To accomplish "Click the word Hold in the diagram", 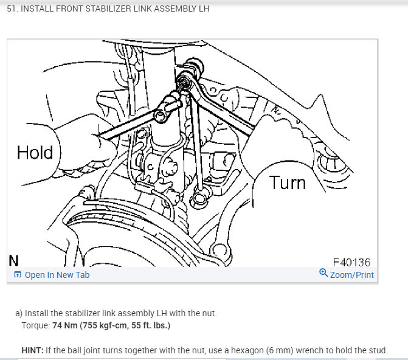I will (35, 152).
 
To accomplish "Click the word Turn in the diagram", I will (288, 182).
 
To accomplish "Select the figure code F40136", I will (351, 262).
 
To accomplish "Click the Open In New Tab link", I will (57, 275).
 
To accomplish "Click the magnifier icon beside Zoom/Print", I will (323, 274).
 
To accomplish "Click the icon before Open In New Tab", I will (17, 275).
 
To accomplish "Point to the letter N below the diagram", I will (13, 261).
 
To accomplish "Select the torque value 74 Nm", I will (65, 325).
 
